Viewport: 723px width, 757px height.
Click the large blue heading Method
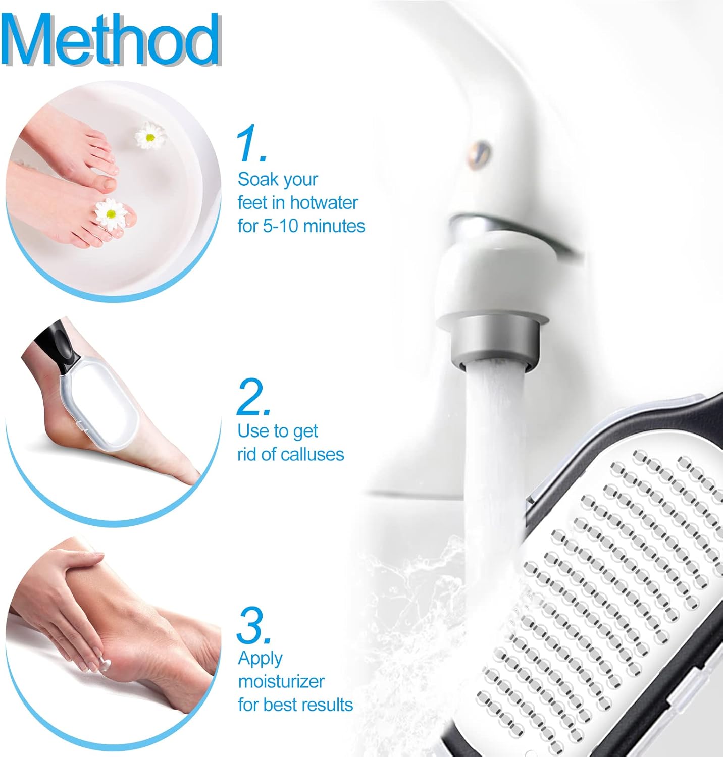(x=111, y=39)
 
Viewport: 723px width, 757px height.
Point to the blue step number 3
(x=253, y=625)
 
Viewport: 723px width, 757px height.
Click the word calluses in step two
(x=312, y=454)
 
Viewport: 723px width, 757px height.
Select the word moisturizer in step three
(x=281, y=681)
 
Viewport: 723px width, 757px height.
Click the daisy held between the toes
(x=111, y=213)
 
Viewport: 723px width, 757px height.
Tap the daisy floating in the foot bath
(x=150, y=135)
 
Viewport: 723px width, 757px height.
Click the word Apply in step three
(x=260, y=659)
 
